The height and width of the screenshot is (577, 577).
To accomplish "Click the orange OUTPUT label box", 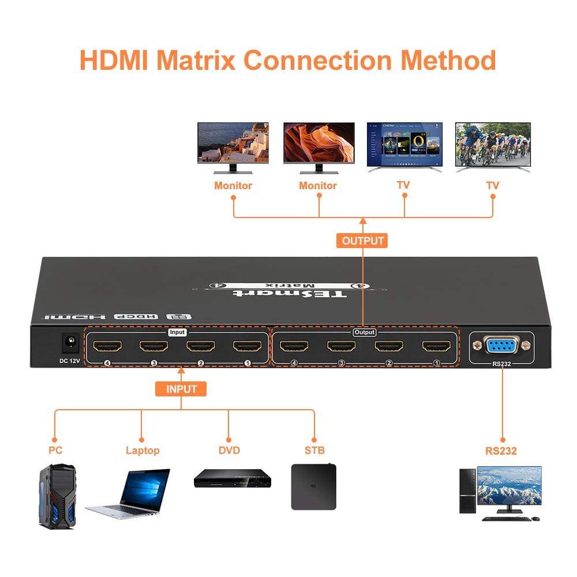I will tap(362, 240).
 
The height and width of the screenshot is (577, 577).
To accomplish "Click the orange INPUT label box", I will tap(181, 389).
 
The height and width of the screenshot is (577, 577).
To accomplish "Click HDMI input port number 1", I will tap(247, 347).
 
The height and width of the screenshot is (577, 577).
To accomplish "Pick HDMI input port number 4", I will tap(107, 347).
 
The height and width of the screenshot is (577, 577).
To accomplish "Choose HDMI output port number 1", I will tap(436, 347).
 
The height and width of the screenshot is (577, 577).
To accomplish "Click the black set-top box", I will tap(313, 486).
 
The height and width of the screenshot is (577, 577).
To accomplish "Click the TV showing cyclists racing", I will tap(493, 144).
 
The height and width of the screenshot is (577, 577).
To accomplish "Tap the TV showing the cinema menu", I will tap(404, 144).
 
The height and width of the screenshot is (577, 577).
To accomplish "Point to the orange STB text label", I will tap(314, 450).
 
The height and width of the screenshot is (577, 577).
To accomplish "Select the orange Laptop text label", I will tap(142, 450).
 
